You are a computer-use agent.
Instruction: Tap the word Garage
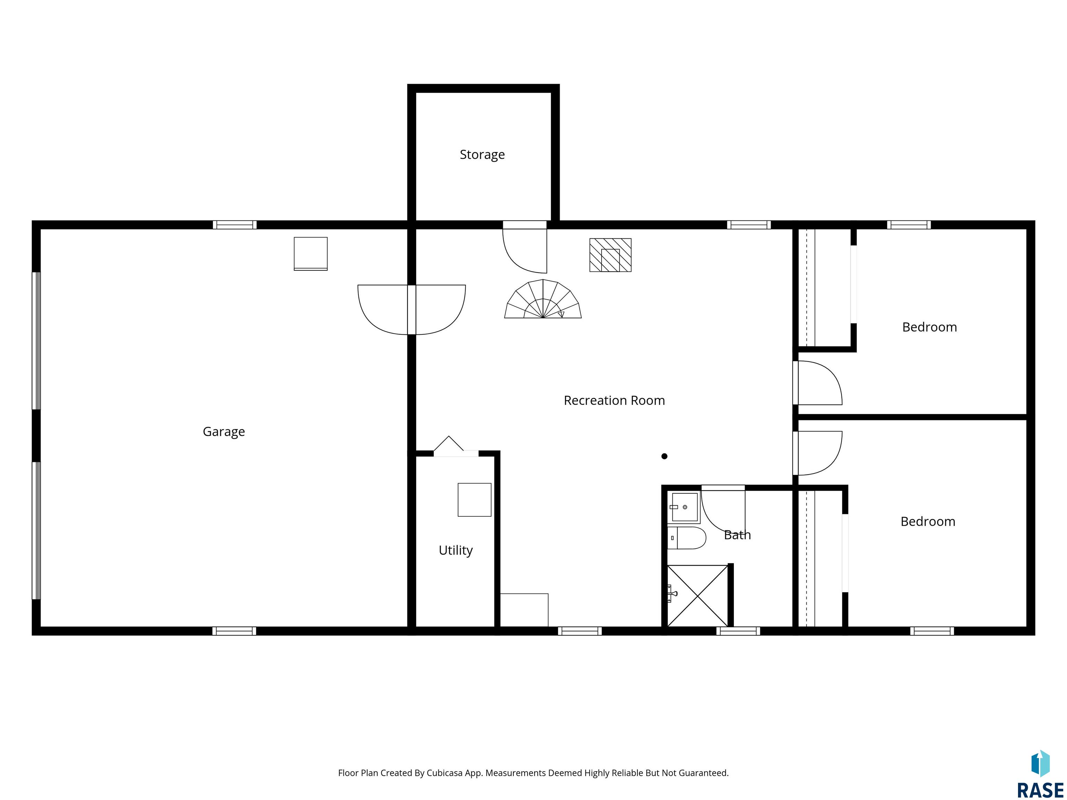224,432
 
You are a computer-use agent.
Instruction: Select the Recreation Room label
614,400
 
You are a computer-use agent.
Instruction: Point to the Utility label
455,550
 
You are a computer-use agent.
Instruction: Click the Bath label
737,535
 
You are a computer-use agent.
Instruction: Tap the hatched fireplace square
610,255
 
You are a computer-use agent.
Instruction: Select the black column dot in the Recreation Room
664,456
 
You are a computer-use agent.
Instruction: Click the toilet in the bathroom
686,537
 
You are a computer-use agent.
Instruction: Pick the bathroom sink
684,507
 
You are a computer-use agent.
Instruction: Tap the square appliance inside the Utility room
474,500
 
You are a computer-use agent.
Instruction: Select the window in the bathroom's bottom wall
738,631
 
